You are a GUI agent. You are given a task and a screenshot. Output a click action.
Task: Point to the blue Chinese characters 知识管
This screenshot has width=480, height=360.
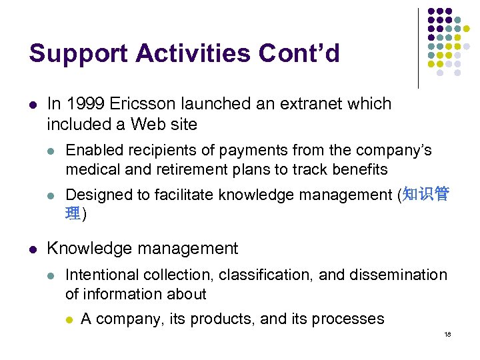[x=426, y=195]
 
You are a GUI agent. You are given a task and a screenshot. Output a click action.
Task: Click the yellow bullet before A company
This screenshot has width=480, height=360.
[x=69, y=319]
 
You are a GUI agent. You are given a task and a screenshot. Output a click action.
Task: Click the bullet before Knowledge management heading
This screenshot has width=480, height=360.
[x=33, y=249]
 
